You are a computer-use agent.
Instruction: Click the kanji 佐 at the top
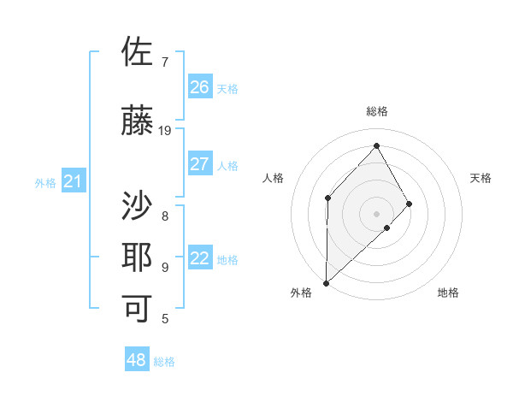(x=137, y=51)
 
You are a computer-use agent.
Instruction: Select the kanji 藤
(x=137, y=120)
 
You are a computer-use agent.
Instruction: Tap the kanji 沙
(x=137, y=205)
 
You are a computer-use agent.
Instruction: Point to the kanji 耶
(x=137, y=257)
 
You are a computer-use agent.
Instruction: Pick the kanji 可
(x=137, y=309)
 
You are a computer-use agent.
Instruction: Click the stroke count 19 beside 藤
(x=164, y=131)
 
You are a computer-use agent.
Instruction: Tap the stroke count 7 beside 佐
(x=165, y=62)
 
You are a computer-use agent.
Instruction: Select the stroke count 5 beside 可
(x=165, y=319)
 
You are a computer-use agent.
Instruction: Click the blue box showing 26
(x=200, y=86)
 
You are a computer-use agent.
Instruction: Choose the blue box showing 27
(x=200, y=163)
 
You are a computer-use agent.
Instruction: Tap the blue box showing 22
(x=200, y=257)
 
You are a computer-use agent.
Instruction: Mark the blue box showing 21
(x=74, y=180)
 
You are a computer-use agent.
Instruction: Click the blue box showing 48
(x=137, y=358)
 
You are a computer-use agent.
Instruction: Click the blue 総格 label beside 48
(x=164, y=362)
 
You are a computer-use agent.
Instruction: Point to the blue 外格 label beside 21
(x=45, y=183)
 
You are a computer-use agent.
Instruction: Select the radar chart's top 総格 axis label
(x=377, y=111)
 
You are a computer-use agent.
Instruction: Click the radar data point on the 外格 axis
(x=326, y=283)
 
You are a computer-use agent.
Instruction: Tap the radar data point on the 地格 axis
(x=387, y=228)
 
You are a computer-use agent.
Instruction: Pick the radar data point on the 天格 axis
(x=409, y=204)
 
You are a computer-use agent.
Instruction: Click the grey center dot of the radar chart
(x=376, y=214)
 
